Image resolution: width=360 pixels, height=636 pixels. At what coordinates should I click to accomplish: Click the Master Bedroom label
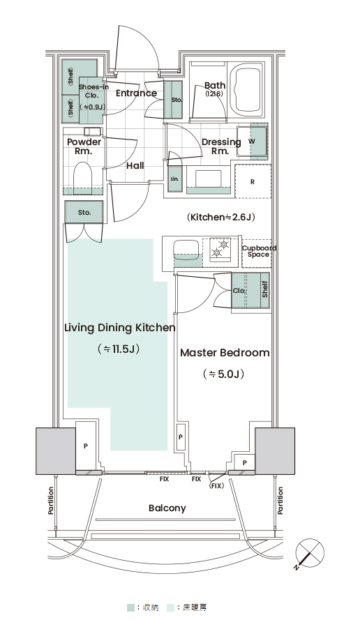click(x=225, y=353)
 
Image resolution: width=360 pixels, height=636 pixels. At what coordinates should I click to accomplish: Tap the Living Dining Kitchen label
click(x=120, y=328)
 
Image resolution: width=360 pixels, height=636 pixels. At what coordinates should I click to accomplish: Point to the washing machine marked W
click(x=252, y=142)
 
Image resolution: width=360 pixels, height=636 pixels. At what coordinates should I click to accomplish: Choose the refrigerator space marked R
click(x=253, y=182)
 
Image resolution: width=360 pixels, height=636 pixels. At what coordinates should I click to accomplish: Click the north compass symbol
click(x=310, y=553)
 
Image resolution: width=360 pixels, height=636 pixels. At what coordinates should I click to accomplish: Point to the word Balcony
click(x=167, y=508)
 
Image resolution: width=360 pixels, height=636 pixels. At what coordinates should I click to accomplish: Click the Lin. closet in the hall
click(x=175, y=179)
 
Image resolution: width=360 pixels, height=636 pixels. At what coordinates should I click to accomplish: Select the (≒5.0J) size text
click(x=224, y=374)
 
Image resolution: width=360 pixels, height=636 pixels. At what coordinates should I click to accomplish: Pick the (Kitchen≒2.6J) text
click(x=221, y=217)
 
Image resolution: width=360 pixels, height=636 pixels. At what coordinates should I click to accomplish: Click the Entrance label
click(x=136, y=93)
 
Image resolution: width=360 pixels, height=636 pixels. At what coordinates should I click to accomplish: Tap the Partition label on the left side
click(x=51, y=501)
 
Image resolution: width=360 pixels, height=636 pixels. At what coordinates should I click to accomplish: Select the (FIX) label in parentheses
click(x=216, y=486)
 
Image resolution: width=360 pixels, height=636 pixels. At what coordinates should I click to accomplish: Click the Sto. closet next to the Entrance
click(x=173, y=100)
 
